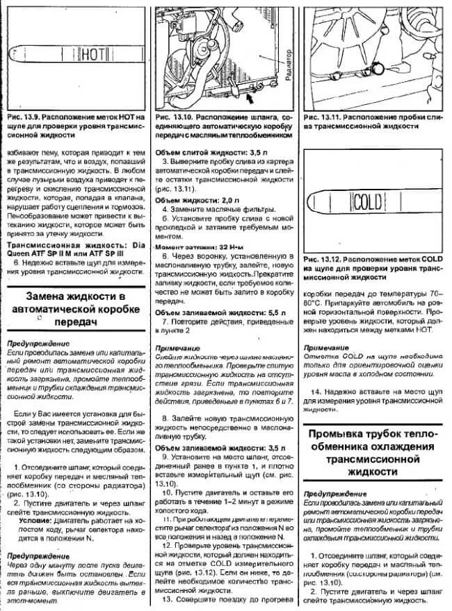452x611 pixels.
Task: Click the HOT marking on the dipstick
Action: tap(88, 53)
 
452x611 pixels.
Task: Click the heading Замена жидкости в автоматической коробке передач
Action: tap(74, 310)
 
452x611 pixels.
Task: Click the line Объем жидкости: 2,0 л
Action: tap(191, 200)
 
